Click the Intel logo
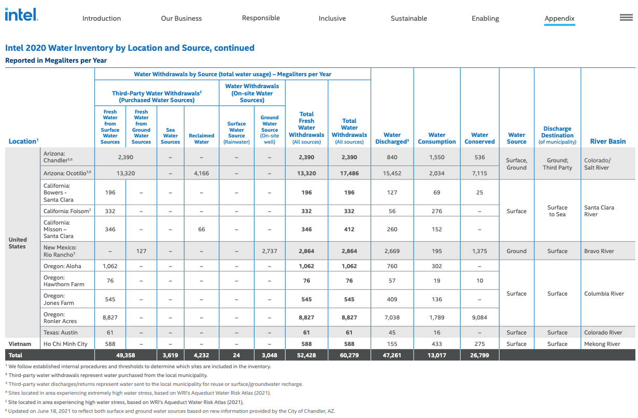point(21,15)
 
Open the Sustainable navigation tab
point(409,18)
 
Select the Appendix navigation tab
point(559,18)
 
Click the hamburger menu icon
point(626,18)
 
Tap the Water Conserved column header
point(479,138)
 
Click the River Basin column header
point(607,141)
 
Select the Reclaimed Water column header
point(202,138)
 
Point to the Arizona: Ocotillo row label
point(67,173)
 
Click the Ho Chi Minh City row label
point(65,344)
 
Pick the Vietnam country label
point(20,344)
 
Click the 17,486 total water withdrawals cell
point(349,173)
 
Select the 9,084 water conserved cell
point(479,317)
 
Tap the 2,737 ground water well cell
point(270,251)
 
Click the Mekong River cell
point(602,344)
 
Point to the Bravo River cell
point(599,251)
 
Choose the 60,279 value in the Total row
point(349,355)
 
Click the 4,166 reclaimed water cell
point(202,173)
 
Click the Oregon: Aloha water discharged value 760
point(392,266)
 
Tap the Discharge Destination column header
point(557,135)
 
